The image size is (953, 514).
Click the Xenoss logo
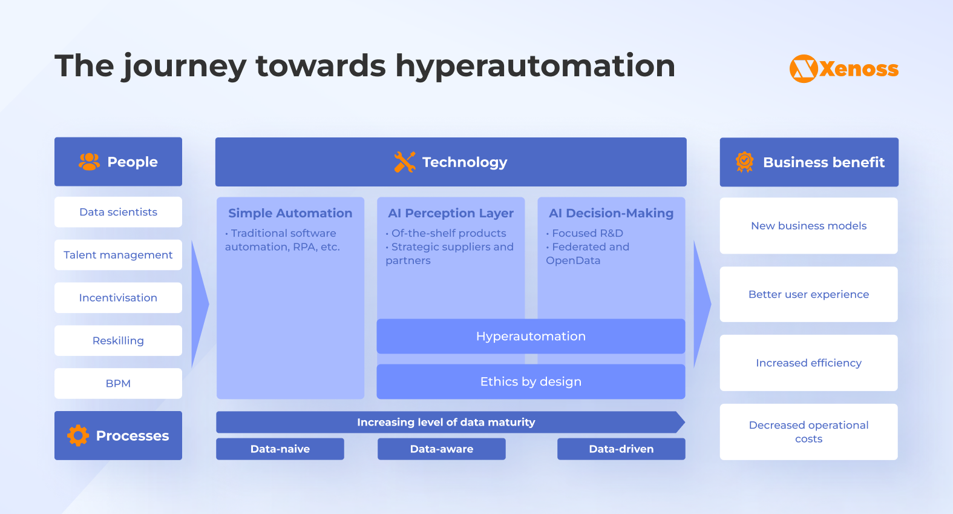tap(843, 68)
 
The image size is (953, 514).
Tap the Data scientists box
tap(118, 212)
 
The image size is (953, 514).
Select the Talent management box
tap(118, 255)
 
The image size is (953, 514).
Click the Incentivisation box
tap(118, 298)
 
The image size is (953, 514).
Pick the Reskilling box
tap(118, 341)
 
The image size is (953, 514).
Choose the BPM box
tap(118, 383)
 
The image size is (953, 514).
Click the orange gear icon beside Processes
tap(78, 435)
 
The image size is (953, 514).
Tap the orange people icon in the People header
tap(89, 162)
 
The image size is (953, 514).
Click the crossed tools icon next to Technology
tap(404, 162)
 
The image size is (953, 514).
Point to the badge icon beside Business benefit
tap(744, 162)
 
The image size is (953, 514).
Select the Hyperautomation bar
tap(531, 336)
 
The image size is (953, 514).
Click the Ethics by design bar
tap(531, 381)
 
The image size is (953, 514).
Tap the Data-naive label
tap(280, 449)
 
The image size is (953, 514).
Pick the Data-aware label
tap(442, 449)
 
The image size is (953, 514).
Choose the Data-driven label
tap(621, 449)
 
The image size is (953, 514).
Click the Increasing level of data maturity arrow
tap(447, 422)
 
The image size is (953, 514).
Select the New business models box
tap(808, 226)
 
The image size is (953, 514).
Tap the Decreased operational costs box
tap(808, 432)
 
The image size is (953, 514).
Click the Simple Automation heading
tap(290, 213)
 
